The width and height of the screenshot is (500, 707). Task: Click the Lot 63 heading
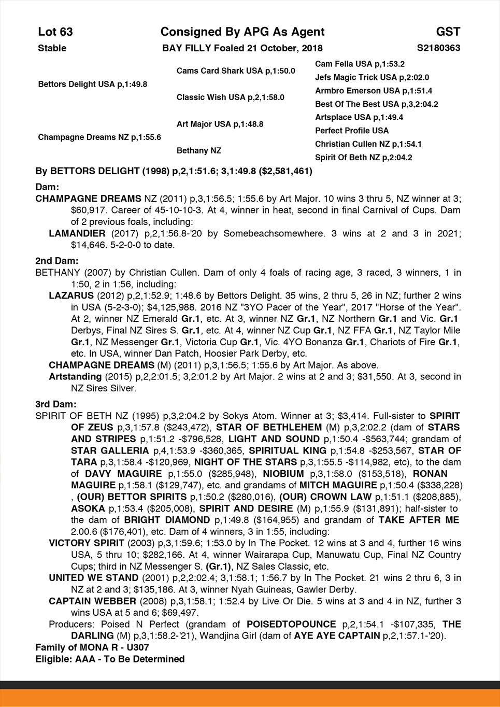click(55, 32)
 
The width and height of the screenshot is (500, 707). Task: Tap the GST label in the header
click(448, 32)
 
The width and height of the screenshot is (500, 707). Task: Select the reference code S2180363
click(438, 48)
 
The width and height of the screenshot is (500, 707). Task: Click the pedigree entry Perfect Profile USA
click(352, 131)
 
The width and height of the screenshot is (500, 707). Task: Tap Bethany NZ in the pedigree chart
click(199, 151)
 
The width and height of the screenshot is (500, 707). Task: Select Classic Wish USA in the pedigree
click(230, 97)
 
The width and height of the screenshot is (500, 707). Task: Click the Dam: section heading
click(47, 186)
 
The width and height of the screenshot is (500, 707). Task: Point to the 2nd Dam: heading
click(57, 261)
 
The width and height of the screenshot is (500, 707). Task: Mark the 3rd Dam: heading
click(56, 404)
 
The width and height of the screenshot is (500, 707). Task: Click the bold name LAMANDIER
click(77, 233)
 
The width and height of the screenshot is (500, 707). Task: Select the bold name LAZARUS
click(71, 295)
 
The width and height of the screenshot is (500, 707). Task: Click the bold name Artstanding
click(75, 376)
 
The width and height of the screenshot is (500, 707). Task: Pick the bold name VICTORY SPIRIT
click(87, 543)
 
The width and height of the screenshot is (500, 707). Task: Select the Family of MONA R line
click(92, 647)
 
